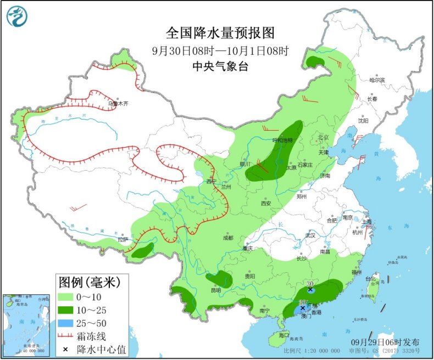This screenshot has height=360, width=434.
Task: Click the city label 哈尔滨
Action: [x=377, y=80]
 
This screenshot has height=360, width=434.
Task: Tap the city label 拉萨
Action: [x=122, y=239]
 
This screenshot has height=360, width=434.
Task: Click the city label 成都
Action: [x=227, y=238]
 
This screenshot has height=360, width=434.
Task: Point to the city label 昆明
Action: [x=215, y=289]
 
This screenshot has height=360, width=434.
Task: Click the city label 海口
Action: [x=283, y=335]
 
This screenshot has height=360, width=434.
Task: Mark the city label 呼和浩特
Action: [x=283, y=140]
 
